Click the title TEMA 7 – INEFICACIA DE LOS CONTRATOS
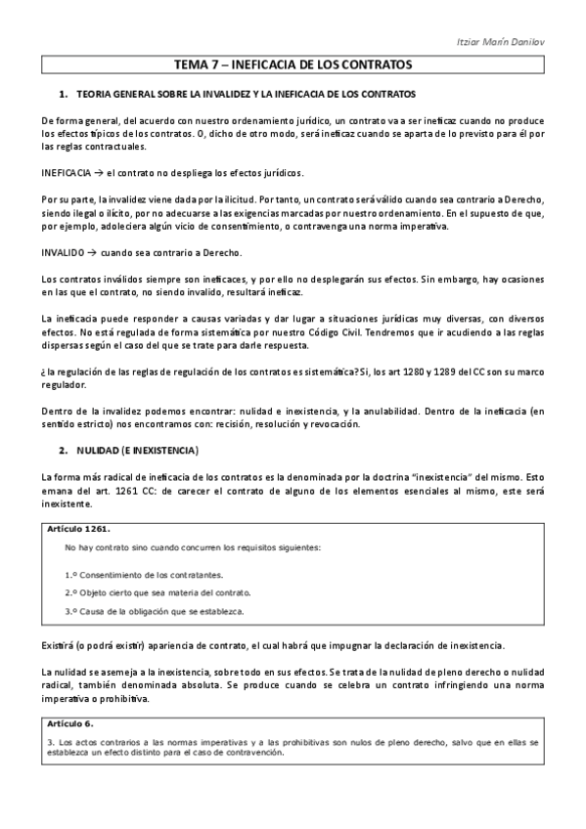coord(293,65)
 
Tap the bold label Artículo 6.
coord(68,723)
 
